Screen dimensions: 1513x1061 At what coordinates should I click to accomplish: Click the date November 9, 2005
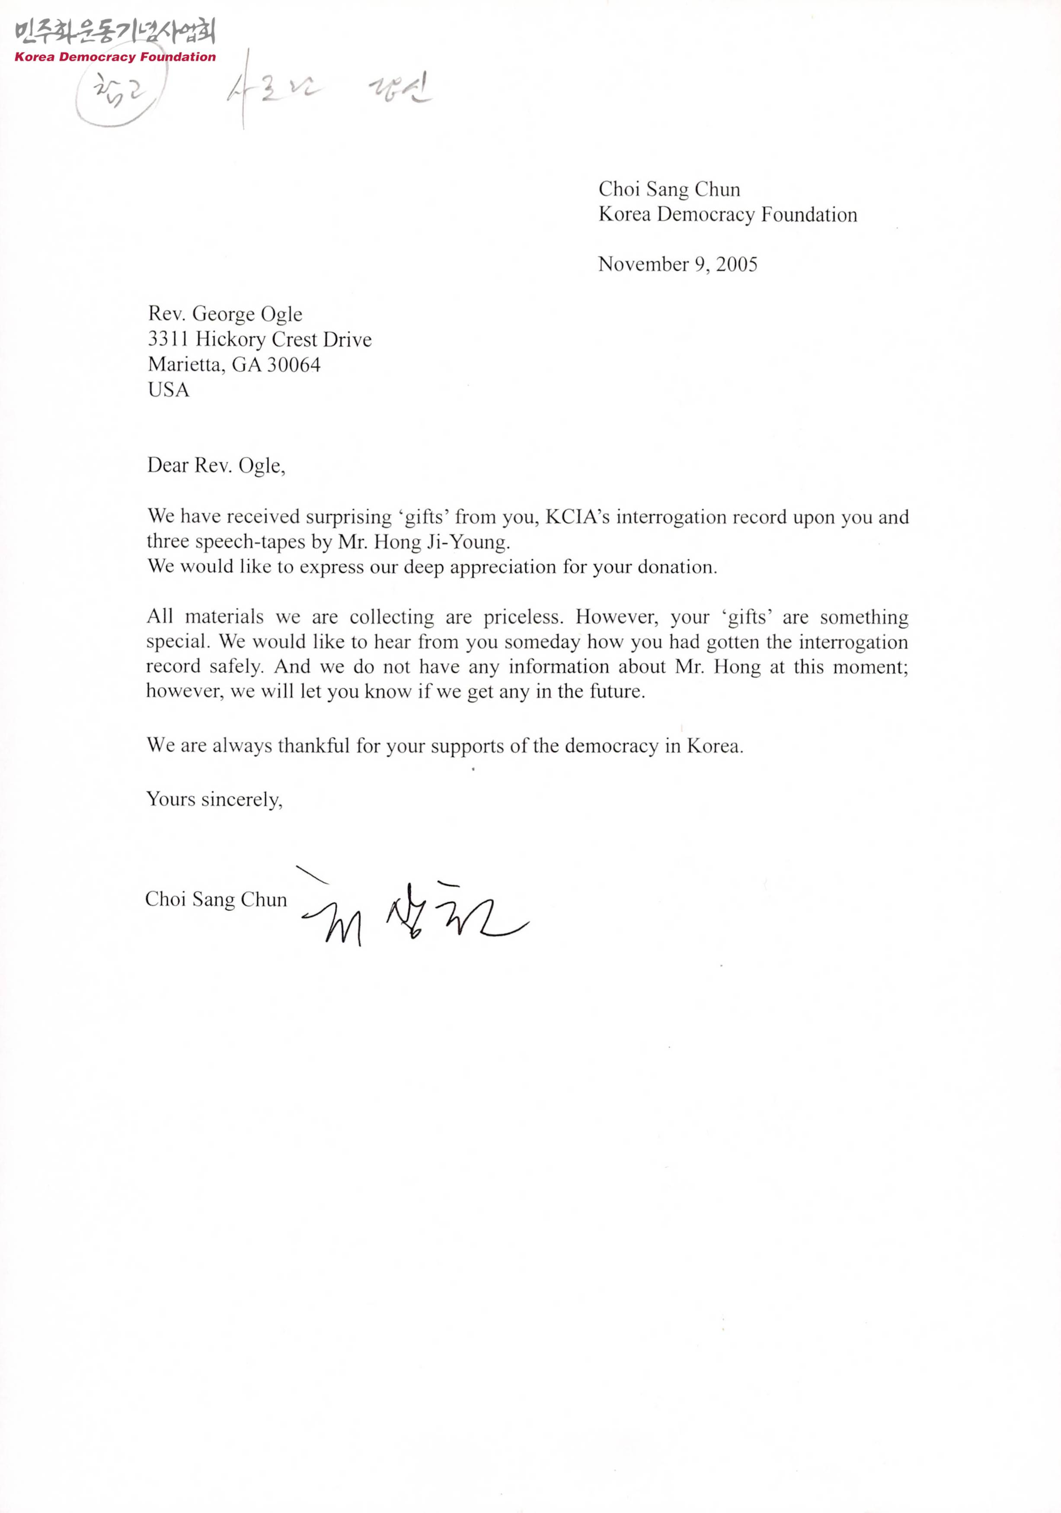[678, 264]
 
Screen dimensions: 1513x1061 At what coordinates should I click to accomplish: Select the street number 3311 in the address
[168, 339]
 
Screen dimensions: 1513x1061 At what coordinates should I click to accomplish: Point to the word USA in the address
[169, 390]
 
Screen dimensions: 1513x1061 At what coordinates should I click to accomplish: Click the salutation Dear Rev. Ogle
[216, 466]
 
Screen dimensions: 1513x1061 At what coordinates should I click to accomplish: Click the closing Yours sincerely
[214, 799]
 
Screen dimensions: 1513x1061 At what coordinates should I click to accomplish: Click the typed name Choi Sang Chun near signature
[216, 900]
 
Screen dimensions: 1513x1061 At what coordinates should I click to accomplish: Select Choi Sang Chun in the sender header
[669, 190]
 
